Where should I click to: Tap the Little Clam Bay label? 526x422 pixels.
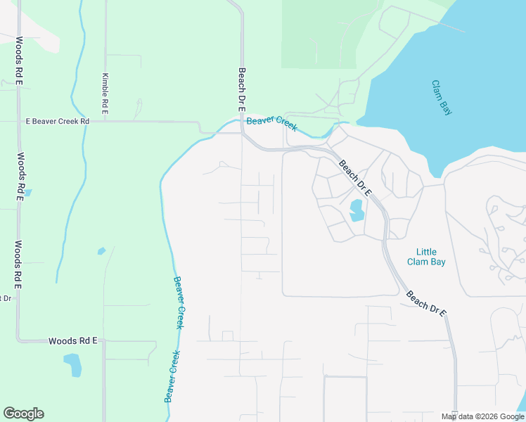click(426, 257)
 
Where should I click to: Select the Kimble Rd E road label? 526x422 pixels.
click(105, 94)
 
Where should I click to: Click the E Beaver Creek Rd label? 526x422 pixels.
click(58, 122)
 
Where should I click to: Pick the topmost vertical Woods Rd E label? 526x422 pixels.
click(20, 60)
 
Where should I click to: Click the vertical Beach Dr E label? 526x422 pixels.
click(241, 90)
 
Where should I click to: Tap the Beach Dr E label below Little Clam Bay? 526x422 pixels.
click(426, 304)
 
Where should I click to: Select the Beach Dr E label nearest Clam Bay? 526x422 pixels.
click(354, 179)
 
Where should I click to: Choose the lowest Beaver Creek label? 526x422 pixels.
click(172, 376)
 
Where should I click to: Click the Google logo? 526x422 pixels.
click(23, 414)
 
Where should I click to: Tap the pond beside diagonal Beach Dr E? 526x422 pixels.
click(356, 210)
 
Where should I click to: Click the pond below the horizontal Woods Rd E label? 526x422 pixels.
click(72, 364)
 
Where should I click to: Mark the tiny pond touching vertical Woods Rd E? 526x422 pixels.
click(27, 192)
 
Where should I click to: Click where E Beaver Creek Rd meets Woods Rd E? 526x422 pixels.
click(19, 122)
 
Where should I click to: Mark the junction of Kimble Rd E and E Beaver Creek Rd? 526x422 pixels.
click(105, 122)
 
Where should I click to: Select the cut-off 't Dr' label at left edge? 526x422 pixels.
click(6, 298)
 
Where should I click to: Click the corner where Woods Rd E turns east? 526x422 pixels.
click(20, 341)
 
